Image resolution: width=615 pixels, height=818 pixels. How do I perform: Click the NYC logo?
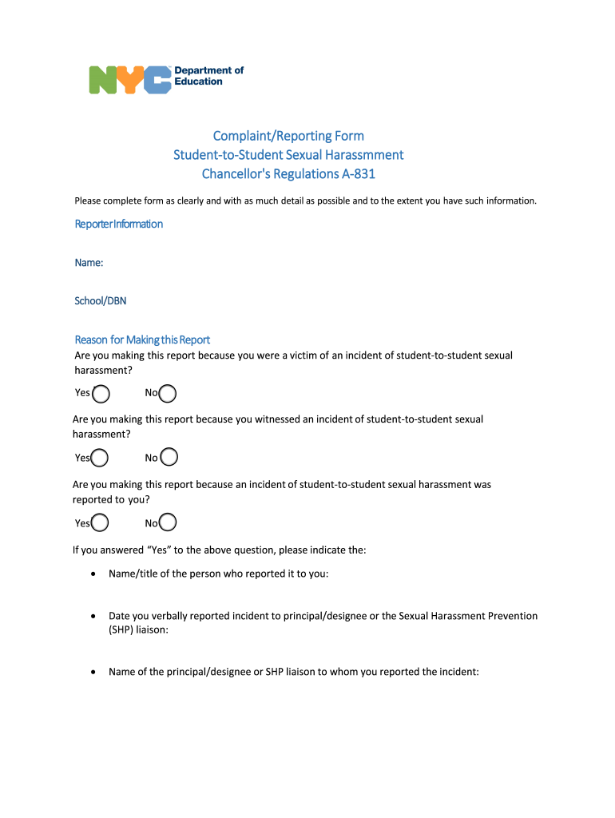[129, 79]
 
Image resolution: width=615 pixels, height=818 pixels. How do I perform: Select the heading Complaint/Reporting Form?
[288, 136]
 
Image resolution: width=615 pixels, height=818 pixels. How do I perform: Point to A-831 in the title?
[359, 174]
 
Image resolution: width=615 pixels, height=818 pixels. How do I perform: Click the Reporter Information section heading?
[118, 224]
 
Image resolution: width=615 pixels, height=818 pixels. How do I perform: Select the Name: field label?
[89, 262]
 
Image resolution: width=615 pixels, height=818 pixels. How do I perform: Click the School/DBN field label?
[100, 300]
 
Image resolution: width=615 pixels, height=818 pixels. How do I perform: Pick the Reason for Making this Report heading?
[142, 340]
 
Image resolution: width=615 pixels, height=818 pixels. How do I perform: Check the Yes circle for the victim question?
[101, 393]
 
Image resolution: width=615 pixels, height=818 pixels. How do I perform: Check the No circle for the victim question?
[168, 393]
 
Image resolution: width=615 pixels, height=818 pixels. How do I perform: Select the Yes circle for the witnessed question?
[100, 458]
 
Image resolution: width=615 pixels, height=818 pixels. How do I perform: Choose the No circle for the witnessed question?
[169, 457]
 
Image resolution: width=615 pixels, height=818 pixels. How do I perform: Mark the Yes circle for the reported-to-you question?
[100, 523]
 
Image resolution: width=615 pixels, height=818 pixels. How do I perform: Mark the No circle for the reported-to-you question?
[168, 523]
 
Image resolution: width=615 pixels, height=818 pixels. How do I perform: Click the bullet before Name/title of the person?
[94, 574]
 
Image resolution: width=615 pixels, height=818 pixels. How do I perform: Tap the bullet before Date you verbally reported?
[94, 617]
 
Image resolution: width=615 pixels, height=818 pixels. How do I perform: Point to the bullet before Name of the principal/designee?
[94, 672]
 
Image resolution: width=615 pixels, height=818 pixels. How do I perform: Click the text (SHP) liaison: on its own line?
[138, 629]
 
